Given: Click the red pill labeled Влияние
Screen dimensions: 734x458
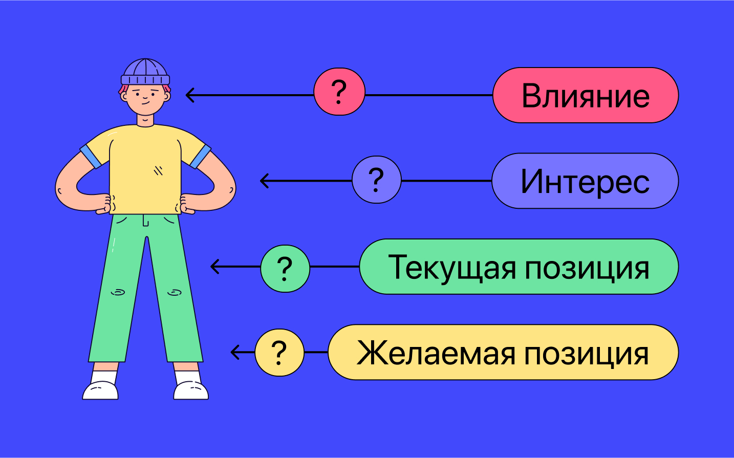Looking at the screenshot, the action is pyautogui.click(x=586, y=95).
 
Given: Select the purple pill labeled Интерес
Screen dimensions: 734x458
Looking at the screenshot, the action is pyautogui.click(x=585, y=181).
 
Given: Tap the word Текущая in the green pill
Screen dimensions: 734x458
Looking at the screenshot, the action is pyautogui.click(x=452, y=268).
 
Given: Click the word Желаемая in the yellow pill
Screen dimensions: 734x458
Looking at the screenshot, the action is pyautogui.click(x=436, y=353).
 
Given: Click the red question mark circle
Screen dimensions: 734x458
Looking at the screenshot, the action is pyautogui.click(x=339, y=92).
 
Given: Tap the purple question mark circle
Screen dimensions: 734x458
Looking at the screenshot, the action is pyautogui.click(x=377, y=180).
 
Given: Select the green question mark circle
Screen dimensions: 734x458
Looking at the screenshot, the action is pyautogui.click(x=285, y=269).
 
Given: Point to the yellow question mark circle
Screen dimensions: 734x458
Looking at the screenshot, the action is pyautogui.click(x=279, y=353).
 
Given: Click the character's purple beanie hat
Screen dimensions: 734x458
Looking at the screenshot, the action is pyautogui.click(x=145, y=72).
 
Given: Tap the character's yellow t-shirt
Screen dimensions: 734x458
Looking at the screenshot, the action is pyautogui.click(x=145, y=169).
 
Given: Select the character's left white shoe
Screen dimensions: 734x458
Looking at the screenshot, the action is pyautogui.click(x=100, y=390).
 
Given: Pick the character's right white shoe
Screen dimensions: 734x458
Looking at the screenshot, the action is pyautogui.click(x=191, y=390).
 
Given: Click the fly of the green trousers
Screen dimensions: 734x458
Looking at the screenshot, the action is pyautogui.click(x=146, y=220).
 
